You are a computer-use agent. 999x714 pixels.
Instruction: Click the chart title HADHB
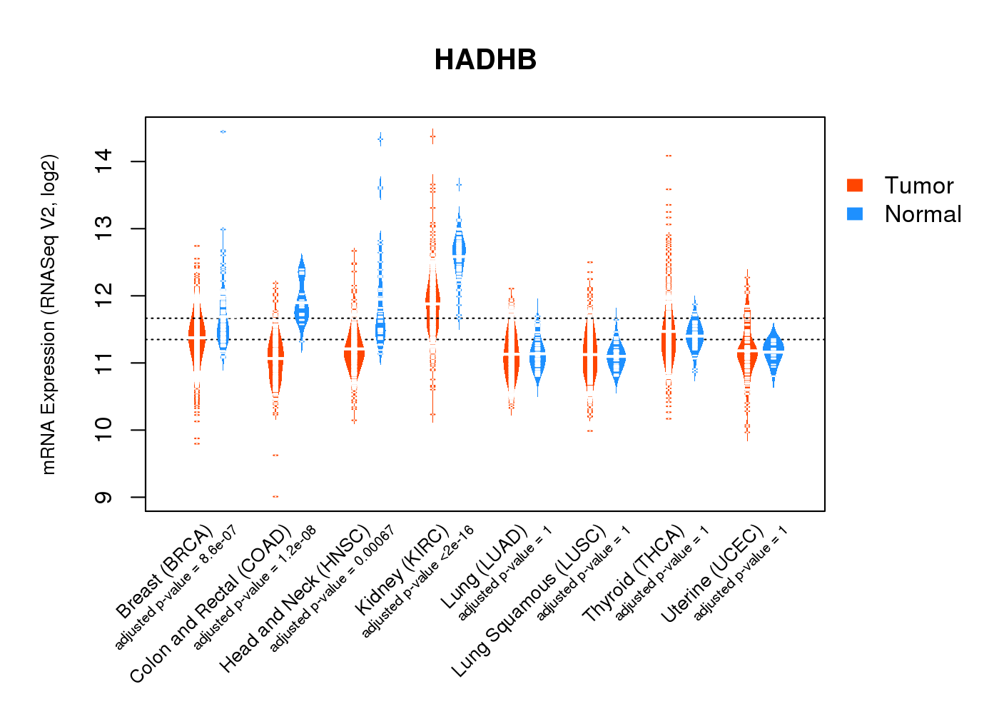(485, 60)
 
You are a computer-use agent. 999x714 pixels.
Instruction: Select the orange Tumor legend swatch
(855, 186)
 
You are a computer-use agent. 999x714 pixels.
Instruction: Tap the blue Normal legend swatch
(855, 214)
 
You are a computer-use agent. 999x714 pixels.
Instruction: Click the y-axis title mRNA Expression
(49, 314)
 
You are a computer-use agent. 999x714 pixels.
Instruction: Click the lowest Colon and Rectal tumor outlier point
(275, 496)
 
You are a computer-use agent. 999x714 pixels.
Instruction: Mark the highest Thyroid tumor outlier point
(669, 156)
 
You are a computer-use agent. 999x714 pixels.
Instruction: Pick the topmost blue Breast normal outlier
(223, 132)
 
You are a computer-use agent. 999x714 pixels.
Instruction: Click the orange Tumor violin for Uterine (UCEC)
(747, 353)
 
